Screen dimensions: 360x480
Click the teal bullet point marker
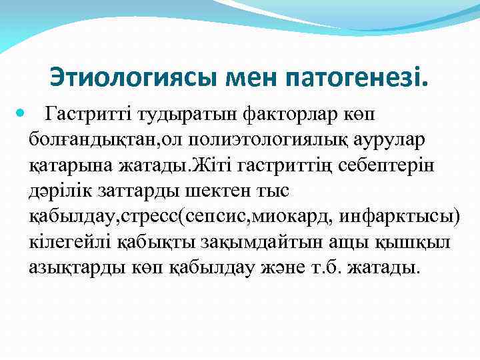(23, 115)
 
